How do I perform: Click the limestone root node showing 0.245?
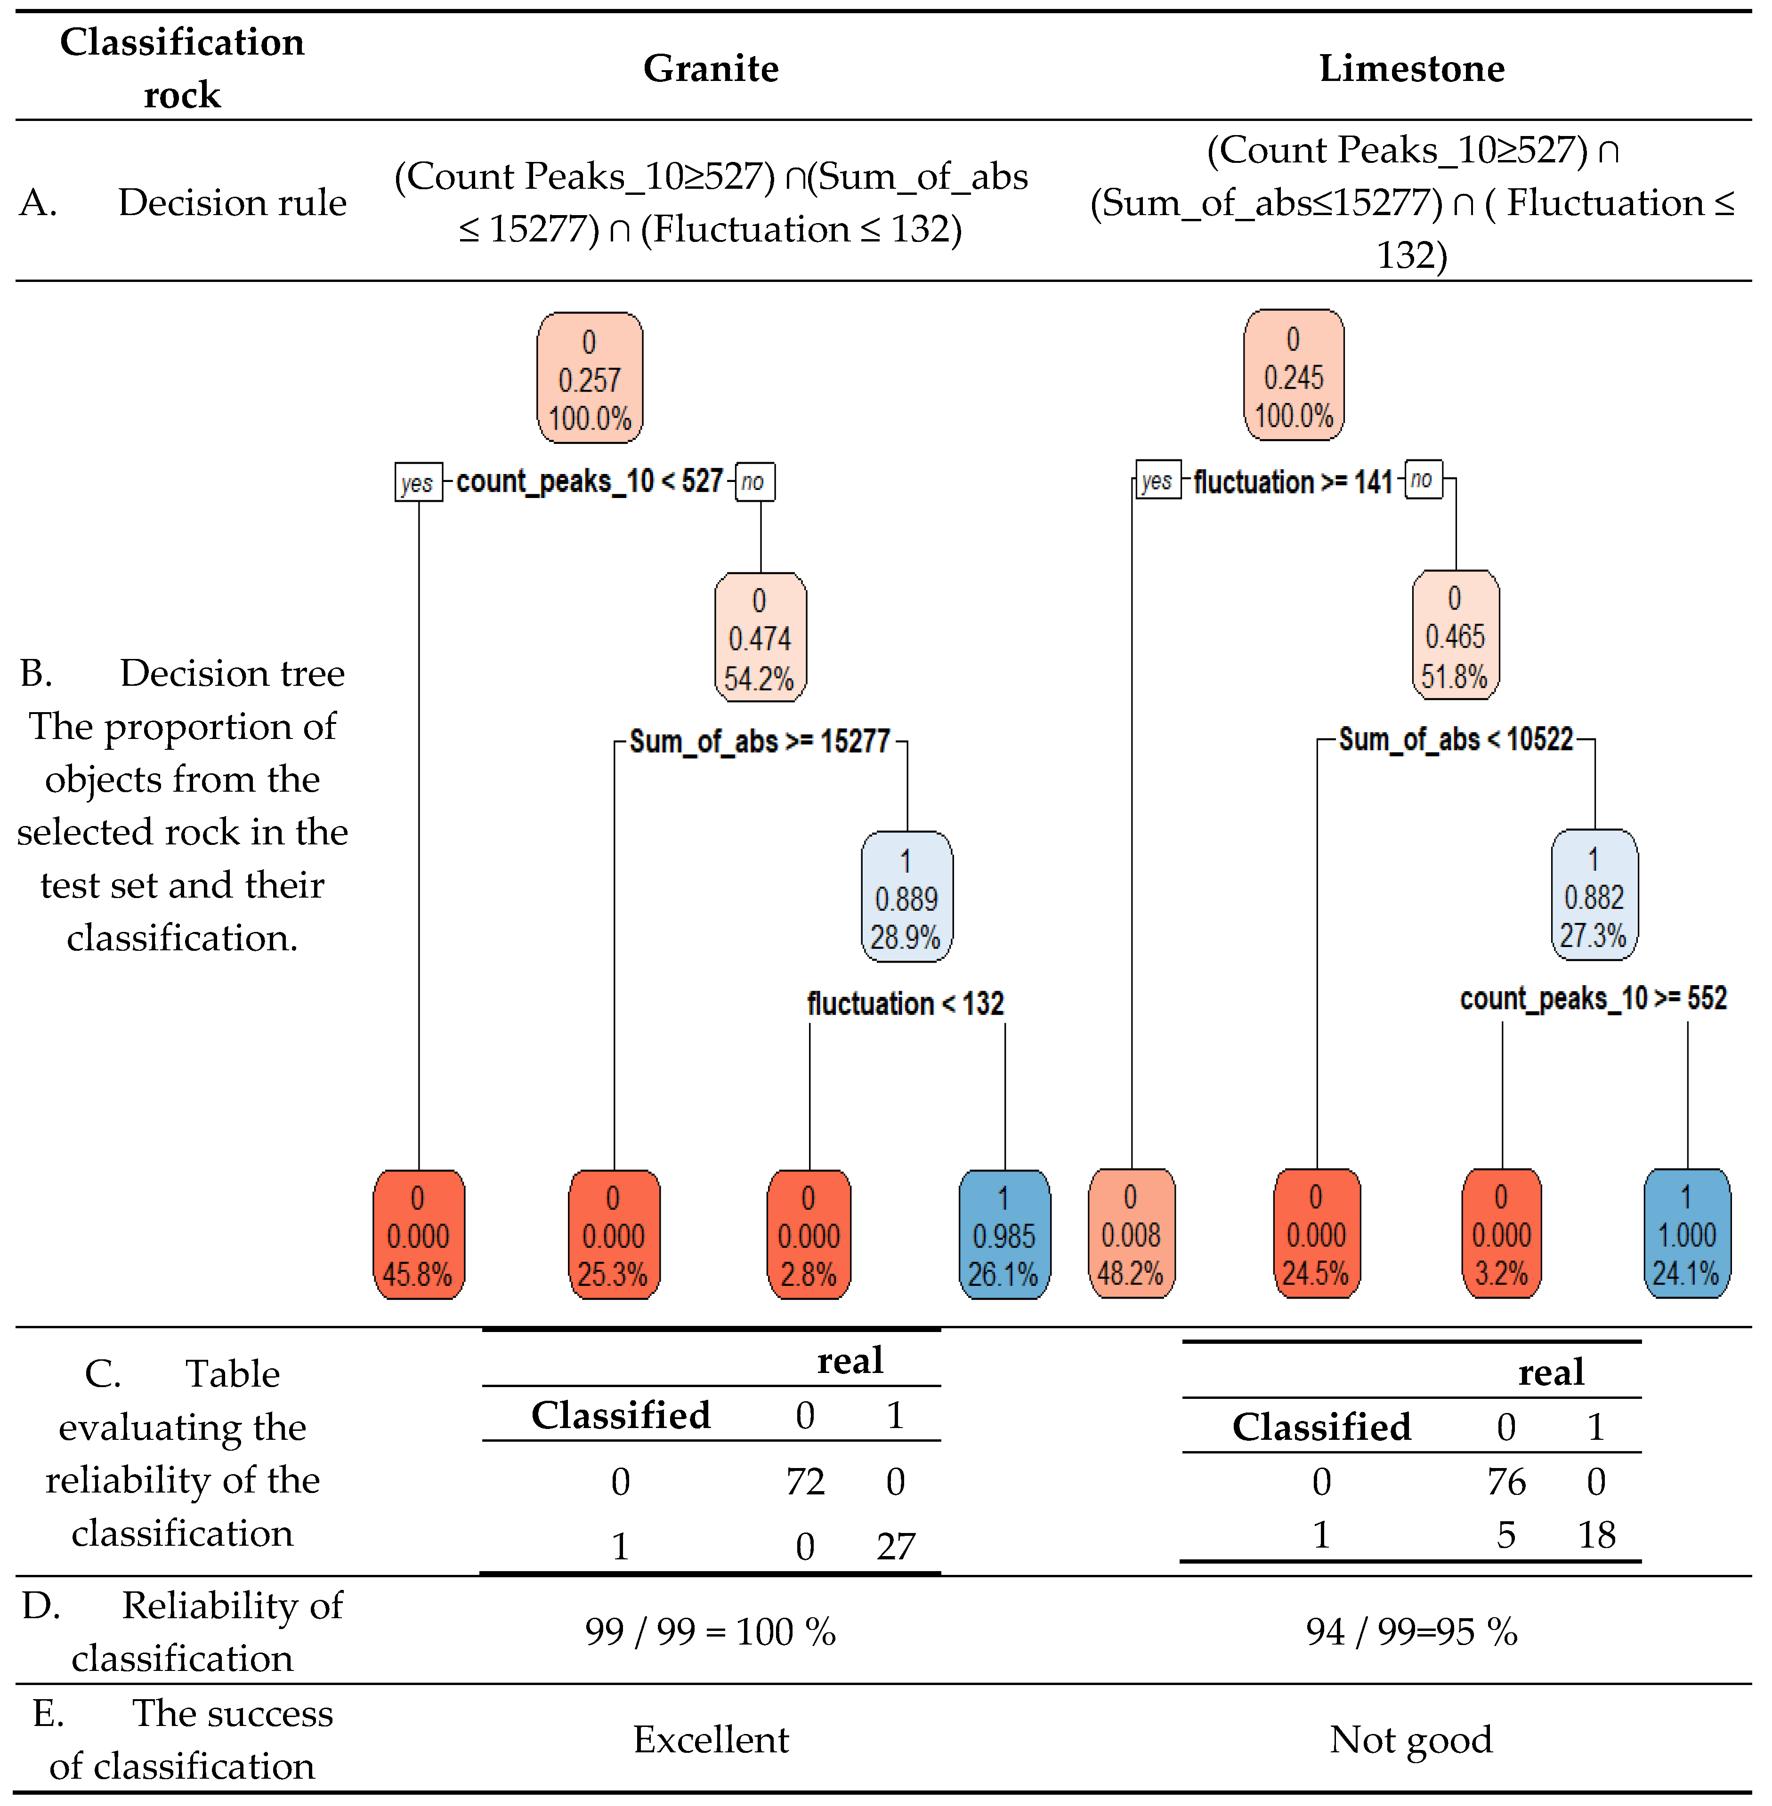[1294, 376]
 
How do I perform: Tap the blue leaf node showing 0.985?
[1003, 1235]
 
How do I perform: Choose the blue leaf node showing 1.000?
[1686, 1234]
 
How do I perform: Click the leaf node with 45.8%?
[418, 1235]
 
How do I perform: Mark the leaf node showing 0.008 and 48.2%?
[1131, 1234]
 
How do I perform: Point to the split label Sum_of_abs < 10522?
[1456, 740]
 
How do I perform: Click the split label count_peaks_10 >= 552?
[1594, 998]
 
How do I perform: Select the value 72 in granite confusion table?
[805, 1481]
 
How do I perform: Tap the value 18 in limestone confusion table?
[1596, 1534]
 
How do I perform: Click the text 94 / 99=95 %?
[1411, 1631]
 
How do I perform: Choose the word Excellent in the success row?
[711, 1739]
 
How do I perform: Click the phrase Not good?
[1411, 1739]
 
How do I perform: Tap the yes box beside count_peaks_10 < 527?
[418, 482]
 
